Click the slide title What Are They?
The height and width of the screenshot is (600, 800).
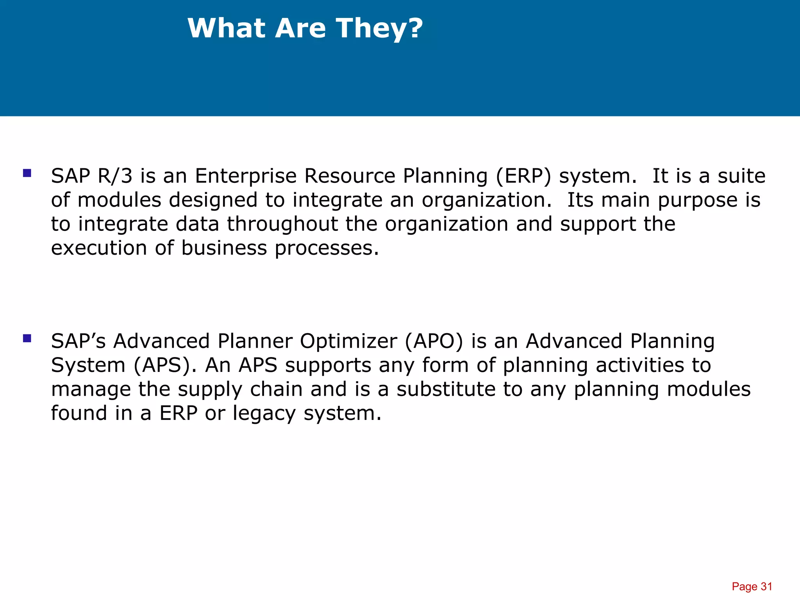(305, 29)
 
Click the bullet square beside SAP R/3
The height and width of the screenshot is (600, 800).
(27, 173)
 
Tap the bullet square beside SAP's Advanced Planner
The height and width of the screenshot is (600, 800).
(27, 338)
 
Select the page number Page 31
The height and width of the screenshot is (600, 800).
(752, 586)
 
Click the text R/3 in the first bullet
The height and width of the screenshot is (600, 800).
(115, 176)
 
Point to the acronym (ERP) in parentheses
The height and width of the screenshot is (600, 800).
(523, 176)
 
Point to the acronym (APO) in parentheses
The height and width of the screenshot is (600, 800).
(434, 341)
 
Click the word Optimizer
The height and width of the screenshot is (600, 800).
(348, 341)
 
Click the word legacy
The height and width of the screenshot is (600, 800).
(264, 414)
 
